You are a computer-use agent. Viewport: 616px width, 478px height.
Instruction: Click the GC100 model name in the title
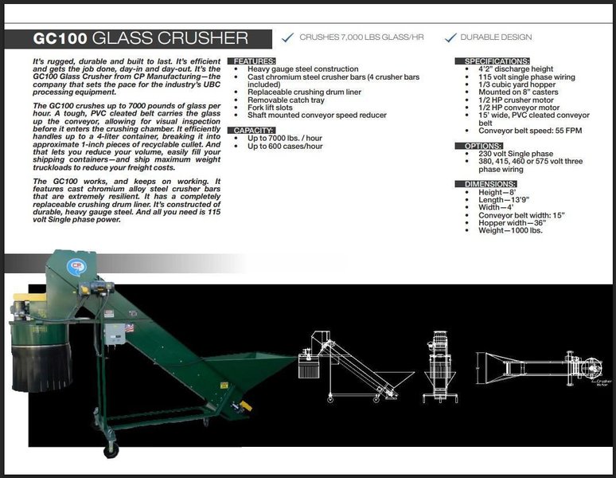(x=60, y=38)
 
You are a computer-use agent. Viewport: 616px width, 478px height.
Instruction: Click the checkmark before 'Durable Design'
(x=450, y=37)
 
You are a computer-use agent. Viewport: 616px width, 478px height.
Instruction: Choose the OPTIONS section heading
(x=478, y=147)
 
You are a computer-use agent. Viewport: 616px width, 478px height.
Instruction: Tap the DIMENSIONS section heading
(x=483, y=183)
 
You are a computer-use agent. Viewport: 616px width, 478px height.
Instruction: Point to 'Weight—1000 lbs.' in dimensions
(x=509, y=229)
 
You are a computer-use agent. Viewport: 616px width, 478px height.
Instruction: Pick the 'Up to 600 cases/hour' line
(x=286, y=146)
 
